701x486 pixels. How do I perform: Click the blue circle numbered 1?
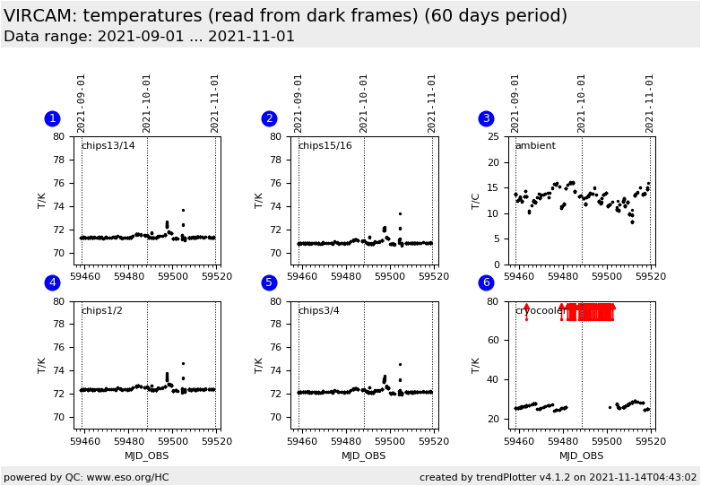(x=52, y=118)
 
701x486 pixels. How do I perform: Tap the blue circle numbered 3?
(x=486, y=118)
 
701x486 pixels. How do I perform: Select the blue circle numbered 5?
(x=269, y=282)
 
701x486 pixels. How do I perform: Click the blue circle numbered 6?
(x=486, y=282)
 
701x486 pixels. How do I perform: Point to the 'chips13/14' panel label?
(x=108, y=146)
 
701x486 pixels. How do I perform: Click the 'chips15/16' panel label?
(x=325, y=146)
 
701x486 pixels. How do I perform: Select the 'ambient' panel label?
(x=535, y=146)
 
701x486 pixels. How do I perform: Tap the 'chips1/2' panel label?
(x=102, y=311)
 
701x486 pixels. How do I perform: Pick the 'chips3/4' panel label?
(x=319, y=311)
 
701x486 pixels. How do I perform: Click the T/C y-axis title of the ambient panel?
(x=476, y=201)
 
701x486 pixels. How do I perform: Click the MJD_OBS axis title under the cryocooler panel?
(x=581, y=456)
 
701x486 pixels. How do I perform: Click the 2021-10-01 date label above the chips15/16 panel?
(x=364, y=103)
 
